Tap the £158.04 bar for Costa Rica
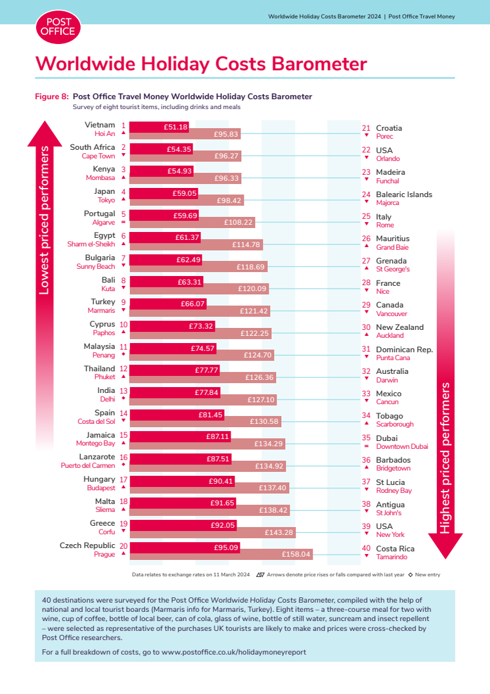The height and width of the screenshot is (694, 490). (221, 554)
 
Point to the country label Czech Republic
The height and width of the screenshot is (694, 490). (87, 545)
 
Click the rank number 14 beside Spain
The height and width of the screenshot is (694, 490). (123, 413)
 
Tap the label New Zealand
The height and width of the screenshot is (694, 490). (399, 327)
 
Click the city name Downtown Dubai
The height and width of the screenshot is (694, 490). (401, 446)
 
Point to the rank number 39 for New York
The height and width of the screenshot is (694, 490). (367, 526)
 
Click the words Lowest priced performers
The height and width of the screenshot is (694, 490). (44, 221)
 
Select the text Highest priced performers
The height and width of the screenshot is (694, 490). (445, 457)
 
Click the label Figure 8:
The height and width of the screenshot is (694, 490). (52, 97)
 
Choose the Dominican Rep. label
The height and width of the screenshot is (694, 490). (404, 350)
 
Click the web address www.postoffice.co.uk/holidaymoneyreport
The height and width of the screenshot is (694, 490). (234, 652)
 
